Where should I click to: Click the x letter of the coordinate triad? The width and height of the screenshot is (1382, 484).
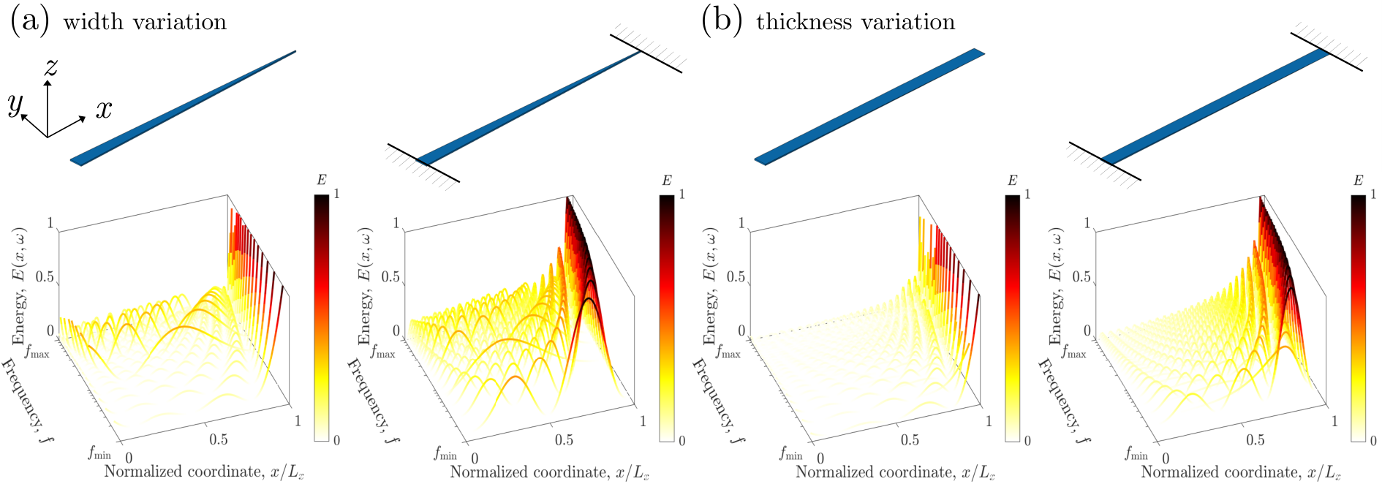[x=104, y=109]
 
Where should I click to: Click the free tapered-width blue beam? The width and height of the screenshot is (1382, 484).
[x=183, y=108]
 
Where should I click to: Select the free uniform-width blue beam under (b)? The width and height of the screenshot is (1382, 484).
[x=869, y=107]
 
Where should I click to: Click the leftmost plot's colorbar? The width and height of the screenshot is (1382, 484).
[x=321, y=317]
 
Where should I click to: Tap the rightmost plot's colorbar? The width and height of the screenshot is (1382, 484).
[x=1358, y=317]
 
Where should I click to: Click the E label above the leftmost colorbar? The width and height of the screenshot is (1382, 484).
[x=321, y=181]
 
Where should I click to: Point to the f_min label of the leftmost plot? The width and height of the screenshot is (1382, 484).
[x=99, y=453]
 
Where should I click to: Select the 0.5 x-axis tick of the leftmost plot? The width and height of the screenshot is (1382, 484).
[x=219, y=439]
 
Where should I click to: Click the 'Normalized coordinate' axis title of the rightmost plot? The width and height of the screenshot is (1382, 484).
[x=1241, y=472]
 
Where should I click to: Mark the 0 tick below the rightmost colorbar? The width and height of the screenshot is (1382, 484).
[x=1373, y=440]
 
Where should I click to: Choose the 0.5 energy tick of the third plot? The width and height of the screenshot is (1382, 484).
[x=736, y=277]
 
